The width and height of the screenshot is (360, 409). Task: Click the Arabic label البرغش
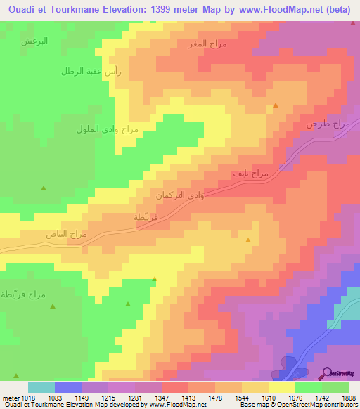click(x=34, y=41)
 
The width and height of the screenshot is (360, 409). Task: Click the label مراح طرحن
click(x=327, y=124)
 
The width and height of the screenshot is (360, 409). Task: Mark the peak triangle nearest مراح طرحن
click(x=276, y=105)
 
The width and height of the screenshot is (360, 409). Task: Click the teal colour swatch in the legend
click(x=41, y=387)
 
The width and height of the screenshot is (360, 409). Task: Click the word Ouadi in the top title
click(x=18, y=10)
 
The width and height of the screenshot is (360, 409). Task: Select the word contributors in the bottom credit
click(x=343, y=405)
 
